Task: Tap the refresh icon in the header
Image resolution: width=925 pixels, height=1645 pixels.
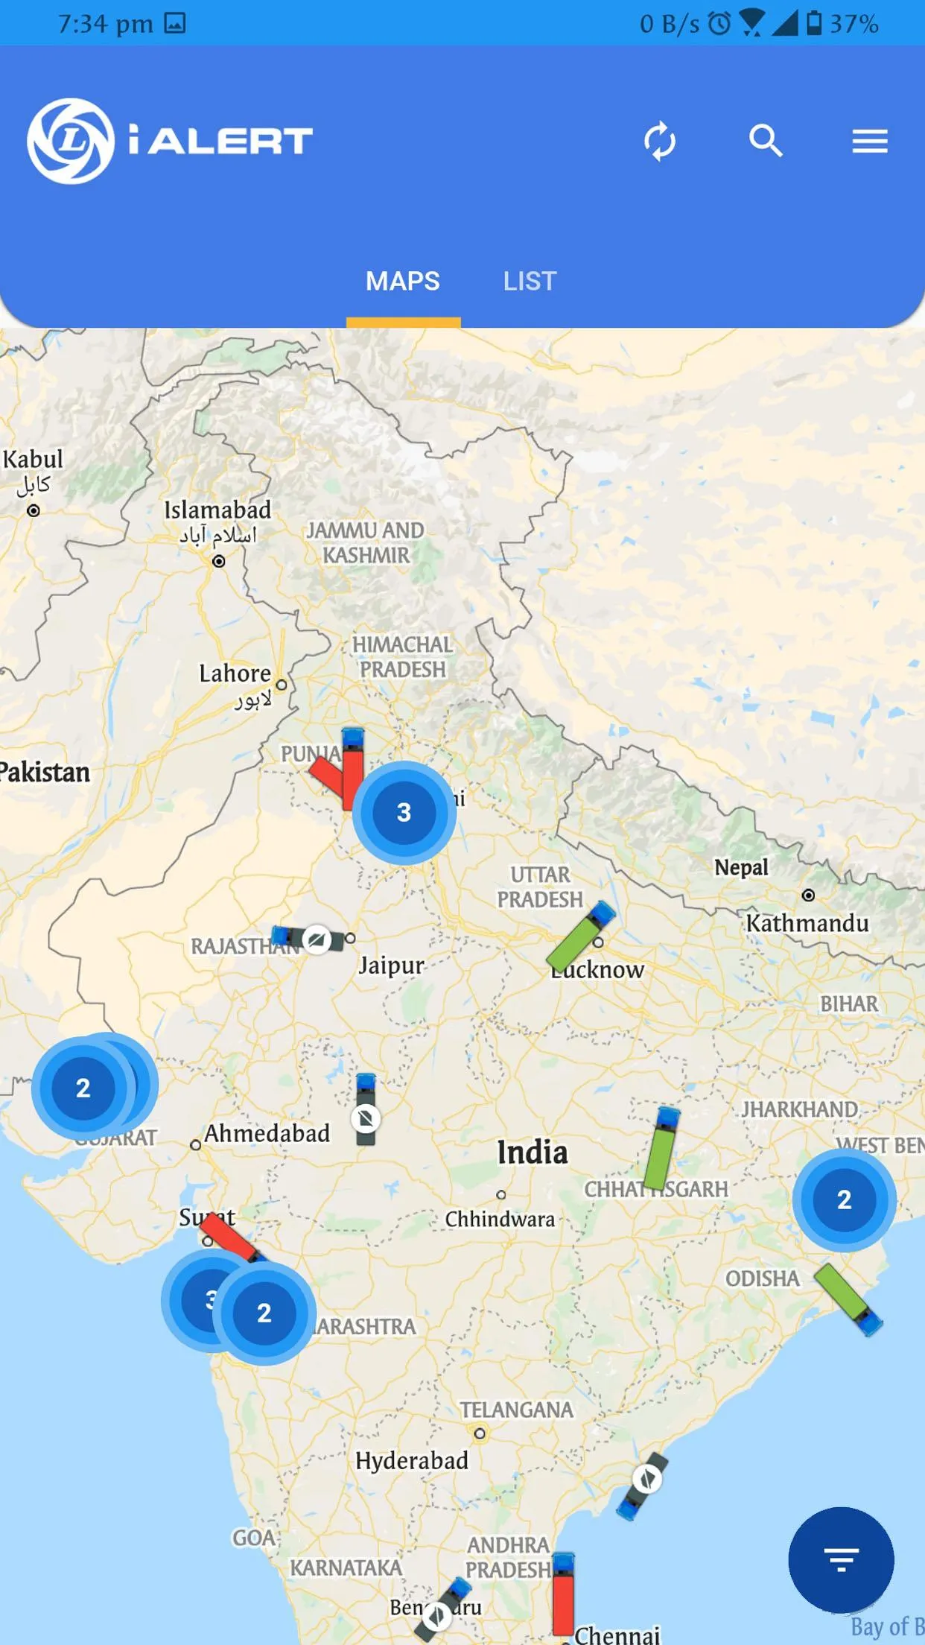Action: point(660,141)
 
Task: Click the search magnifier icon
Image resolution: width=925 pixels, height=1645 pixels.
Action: point(766,141)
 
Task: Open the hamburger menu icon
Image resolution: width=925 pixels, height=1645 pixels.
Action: point(870,141)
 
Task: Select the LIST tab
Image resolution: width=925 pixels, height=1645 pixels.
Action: point(530,282)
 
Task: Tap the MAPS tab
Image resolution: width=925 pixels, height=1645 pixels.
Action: point(403,282)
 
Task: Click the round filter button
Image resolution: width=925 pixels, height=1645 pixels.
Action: point(841,1559)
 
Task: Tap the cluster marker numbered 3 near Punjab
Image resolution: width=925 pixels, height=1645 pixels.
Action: point(404,812)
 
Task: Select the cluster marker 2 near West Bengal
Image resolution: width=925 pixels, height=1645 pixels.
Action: point(844,1199)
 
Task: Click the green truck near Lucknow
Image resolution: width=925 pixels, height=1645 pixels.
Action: point(580,936)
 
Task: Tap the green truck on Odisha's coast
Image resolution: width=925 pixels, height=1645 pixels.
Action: point(848,1298)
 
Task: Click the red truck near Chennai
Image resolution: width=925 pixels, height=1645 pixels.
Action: point(563,1594)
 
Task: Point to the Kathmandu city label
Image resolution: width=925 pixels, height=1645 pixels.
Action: point(807,924)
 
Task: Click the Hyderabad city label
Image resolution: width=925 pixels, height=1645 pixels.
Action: point(412,1461)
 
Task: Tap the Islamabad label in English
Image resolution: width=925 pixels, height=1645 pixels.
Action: point(217,510)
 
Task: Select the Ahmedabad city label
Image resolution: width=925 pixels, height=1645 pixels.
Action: point(267,1133)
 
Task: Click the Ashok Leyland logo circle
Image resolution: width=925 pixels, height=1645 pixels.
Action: point(71,141)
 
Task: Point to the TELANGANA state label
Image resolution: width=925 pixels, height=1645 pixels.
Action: point(516,1410)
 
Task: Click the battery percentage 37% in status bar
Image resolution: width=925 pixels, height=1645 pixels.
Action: point(854,24)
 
